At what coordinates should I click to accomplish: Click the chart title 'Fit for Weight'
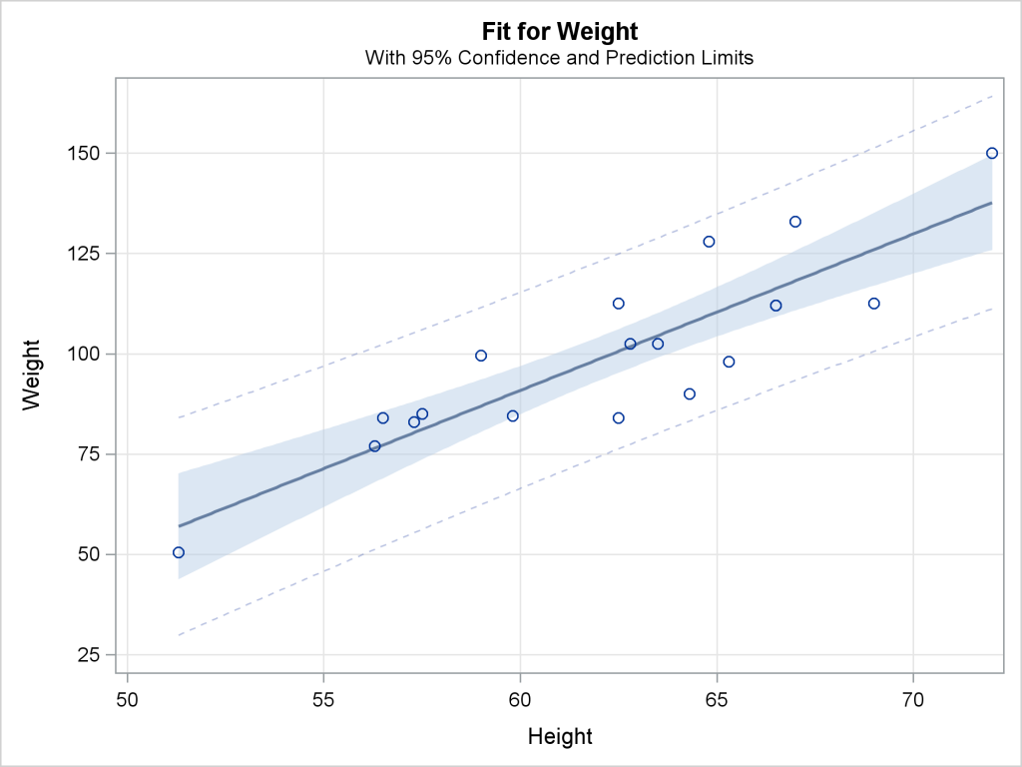tap(559, 32)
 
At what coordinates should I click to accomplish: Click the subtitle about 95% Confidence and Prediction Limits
tap(559, 58)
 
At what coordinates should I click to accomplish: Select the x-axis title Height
tap(559, 737)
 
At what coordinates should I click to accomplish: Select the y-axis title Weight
tap(32, 375)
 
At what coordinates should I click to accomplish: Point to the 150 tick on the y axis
tap(88, 154)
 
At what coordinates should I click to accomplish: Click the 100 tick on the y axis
tap(88, 354)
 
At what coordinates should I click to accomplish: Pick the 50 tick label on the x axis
tap(128, 696)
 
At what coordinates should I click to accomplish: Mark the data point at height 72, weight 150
tap(992, 153)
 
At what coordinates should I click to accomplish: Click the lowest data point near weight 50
tap(179, 552)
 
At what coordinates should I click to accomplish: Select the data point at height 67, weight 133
tap(795, 222)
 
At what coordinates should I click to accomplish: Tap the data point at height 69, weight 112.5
tap(874, 304)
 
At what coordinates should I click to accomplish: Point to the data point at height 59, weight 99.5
tap(481, 356)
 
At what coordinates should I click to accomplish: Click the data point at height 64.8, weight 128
tap(709, 242)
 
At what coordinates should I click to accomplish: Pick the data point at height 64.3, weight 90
tap(690, 393)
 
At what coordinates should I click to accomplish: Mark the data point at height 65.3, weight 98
tap(729, 362)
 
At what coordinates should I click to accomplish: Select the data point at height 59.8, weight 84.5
tap(513, 415)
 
